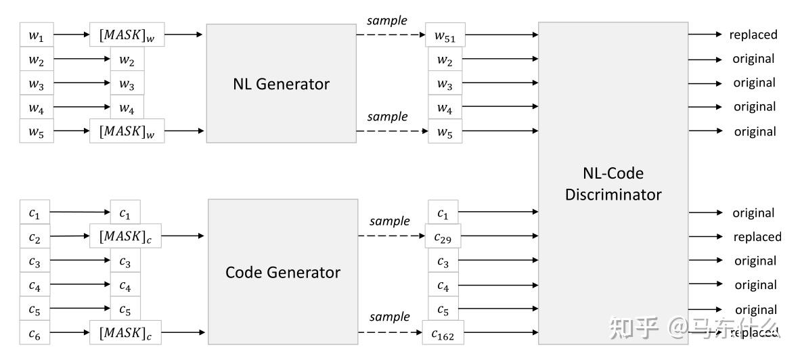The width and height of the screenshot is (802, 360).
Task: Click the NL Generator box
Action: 281,83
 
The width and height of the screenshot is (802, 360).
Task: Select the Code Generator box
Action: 282,272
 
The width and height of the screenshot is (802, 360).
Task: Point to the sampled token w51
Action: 445,35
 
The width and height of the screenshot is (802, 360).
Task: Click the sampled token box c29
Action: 443,237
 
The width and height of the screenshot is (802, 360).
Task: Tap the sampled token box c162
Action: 443,333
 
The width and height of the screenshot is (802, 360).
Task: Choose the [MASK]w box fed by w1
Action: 127,35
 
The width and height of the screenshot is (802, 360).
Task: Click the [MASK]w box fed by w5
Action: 127,131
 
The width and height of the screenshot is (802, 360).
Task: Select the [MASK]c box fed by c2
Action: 126,237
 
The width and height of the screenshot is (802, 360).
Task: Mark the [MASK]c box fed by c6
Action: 126,333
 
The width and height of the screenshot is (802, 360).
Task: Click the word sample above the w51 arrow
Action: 387,20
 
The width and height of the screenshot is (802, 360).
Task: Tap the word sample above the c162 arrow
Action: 390,317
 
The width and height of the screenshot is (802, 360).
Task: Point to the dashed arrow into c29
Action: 391,236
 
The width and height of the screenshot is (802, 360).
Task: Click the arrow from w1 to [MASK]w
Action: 72,35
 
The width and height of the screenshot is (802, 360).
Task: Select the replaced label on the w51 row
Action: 753,35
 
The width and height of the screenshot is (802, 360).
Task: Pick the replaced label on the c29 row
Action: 757,237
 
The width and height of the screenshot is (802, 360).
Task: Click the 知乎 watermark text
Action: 634,328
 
